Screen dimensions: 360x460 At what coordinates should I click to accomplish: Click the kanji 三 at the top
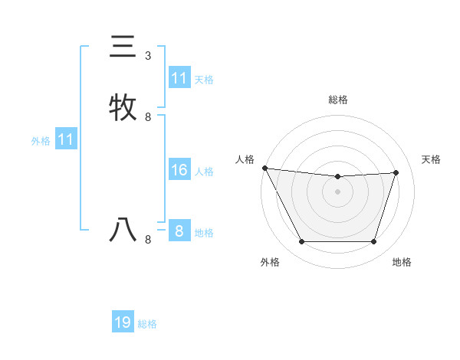(123, 47)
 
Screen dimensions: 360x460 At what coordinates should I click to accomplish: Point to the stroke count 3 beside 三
(148, 56)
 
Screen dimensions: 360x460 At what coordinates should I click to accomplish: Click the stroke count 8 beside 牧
(148, 117)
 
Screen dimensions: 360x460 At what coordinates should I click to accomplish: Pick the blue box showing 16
(179, 170)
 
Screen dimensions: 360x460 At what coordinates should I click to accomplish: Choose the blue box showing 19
(123, 322)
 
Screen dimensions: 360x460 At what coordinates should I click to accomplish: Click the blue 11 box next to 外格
(66, 139)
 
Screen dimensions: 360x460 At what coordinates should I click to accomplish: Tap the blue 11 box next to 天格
(179, 78)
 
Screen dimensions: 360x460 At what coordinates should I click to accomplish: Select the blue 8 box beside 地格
(179, 231)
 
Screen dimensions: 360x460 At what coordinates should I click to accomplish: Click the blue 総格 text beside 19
(147, 324)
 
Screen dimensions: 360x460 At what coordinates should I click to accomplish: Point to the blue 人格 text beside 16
(204, 172)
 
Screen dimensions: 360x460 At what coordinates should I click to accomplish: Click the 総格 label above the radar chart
(337, 100)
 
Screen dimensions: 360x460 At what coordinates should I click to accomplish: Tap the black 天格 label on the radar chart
(432, 159)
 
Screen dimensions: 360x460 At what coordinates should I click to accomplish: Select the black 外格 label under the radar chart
(270, 262)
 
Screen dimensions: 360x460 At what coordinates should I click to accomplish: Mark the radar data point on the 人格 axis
(264, 168)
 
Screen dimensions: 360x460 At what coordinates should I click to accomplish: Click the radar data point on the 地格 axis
(373, 242)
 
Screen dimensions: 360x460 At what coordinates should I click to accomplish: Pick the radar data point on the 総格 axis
(337, 177)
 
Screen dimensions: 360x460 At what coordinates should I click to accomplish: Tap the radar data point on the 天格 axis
(396, 172)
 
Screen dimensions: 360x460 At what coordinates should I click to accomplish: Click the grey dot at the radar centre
(337, 191)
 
